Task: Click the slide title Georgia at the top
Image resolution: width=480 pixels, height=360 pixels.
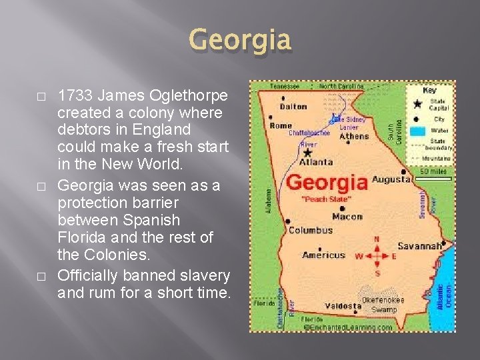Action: (241, 40)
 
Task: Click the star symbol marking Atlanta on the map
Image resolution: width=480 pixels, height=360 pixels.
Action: (307, 152)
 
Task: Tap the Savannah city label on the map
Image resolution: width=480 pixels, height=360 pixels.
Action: (419, 246)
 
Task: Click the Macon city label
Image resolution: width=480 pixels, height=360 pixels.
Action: (347, 216)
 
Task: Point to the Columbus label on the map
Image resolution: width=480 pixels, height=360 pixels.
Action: (310, 230)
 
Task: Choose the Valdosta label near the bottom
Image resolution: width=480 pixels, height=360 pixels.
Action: (343, 306)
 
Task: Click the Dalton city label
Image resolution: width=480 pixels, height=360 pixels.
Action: (293, 106)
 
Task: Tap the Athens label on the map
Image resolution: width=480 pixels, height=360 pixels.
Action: (353, 136)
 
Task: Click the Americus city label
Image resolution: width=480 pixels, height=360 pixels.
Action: (324, 255)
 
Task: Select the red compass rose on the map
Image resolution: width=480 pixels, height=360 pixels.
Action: (377, 255)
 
